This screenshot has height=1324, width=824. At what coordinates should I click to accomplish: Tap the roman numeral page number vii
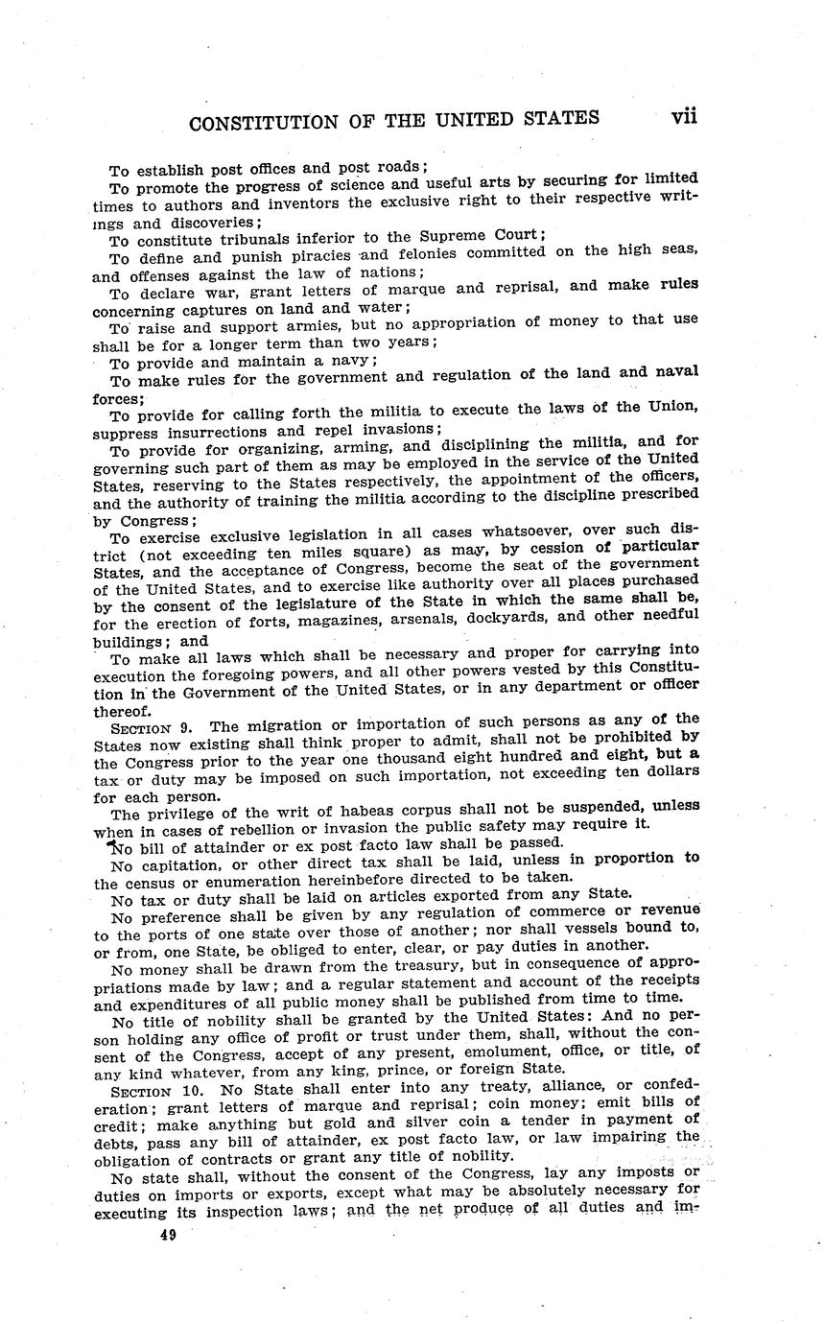[684, 116]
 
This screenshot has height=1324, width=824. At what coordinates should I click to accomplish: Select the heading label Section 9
[153, 727]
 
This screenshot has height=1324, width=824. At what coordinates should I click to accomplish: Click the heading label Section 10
[157, 1092]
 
